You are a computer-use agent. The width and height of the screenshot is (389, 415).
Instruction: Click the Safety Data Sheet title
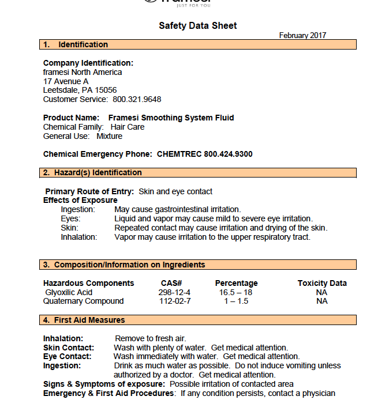(197, 25)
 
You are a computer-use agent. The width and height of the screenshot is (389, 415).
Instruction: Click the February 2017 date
(302, 35)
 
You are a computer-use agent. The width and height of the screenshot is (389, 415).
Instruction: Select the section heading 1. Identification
(76, 44)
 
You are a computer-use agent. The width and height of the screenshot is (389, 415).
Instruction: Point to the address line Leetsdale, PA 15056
(80, 90)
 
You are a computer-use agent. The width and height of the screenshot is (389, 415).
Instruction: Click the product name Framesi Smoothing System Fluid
(171, 118)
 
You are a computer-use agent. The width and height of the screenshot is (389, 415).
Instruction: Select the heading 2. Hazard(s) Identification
(92, 172)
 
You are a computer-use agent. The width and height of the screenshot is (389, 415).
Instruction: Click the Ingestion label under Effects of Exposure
(77, 209)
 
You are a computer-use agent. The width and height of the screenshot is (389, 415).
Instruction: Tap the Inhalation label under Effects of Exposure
(79, 236)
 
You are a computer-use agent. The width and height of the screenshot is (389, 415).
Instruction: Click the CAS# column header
(171, 283)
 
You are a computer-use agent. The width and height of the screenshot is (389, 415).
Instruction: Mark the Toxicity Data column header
(322, 283)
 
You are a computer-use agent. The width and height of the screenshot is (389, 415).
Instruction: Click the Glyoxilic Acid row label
(69, 292)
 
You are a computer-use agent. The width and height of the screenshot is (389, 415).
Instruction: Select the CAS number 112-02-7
(175, 301)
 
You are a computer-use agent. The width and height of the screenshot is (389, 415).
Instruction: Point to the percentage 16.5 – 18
(235, 292)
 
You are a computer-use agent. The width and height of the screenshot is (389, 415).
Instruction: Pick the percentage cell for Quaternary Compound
(236, 301)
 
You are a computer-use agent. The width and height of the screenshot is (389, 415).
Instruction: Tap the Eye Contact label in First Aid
(66, 356)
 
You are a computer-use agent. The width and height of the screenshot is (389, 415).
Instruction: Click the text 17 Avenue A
(66, 81)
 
